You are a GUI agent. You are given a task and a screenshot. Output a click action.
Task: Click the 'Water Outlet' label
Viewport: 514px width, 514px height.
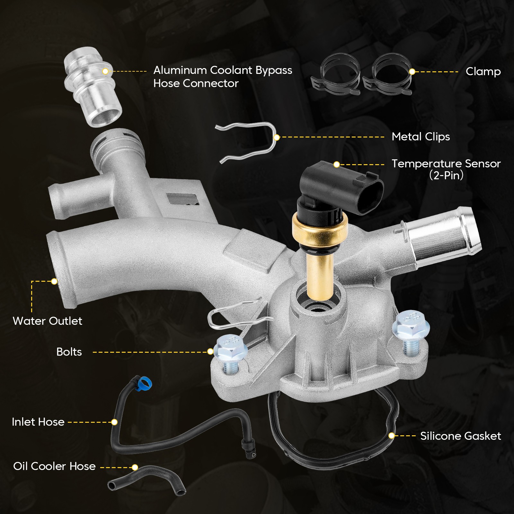(x=47, y=321)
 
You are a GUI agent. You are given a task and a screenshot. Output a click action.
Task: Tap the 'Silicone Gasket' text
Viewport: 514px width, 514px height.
(x=461, y=436)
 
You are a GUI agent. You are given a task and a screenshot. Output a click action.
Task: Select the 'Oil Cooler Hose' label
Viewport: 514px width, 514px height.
(x=54, y=466)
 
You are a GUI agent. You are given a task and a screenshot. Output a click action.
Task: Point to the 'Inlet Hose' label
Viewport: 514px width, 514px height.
(x=38, y=422)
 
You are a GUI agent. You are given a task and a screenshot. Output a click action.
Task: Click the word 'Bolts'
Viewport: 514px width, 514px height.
(x=69, y=352)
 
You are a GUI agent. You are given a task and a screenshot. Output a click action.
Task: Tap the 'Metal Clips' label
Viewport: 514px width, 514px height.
(x=421, y=137)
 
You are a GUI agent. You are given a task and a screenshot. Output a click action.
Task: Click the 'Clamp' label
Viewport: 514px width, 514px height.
(x=483, y=72)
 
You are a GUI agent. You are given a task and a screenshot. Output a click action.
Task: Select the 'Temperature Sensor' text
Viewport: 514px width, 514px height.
(x=446, y=164)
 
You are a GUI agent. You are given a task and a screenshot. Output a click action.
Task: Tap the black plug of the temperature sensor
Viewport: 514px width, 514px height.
(x=341, y=190)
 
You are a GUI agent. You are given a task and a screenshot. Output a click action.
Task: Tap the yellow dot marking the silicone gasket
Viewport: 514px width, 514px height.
(x=391, y=436)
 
